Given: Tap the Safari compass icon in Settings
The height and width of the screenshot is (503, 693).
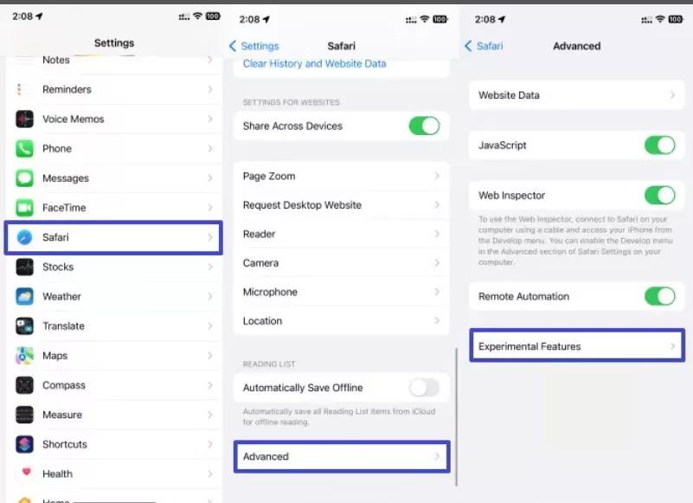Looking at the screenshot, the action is point(24,237).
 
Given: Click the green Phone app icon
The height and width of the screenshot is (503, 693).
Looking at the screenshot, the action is point(24,149).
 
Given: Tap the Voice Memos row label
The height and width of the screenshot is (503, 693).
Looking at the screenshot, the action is point(74,119).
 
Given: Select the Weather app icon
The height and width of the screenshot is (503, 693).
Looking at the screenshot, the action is point(24,296).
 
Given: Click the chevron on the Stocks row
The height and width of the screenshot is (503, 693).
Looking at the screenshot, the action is point(210,267).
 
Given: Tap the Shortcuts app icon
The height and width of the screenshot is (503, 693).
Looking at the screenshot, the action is point(24,444).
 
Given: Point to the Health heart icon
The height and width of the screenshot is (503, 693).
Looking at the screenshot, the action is point(26,472).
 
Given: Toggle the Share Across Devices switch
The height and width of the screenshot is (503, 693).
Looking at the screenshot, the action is point(424,126).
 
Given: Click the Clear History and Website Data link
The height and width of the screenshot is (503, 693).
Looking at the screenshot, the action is point(314,64).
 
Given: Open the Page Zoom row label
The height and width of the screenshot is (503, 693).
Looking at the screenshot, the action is point(269,176).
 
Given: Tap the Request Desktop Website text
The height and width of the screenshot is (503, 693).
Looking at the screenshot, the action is point(302,205).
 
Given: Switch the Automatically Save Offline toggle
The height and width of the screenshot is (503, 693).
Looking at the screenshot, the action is point(424,388).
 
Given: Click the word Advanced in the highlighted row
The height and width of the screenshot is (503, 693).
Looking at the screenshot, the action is point(266,456).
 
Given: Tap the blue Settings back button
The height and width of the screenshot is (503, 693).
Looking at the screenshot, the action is point(254,46).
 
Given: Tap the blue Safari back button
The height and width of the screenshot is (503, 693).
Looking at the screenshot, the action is point(484,46).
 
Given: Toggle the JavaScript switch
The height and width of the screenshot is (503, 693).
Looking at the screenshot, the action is point(660,145).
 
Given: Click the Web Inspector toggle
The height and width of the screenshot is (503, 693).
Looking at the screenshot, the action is point(660,195).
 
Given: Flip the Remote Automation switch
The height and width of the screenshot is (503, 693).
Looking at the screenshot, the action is point(660,296).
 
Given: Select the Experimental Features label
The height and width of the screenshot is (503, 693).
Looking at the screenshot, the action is point(529,346).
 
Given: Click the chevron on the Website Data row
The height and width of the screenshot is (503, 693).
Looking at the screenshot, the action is point(672,95).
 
